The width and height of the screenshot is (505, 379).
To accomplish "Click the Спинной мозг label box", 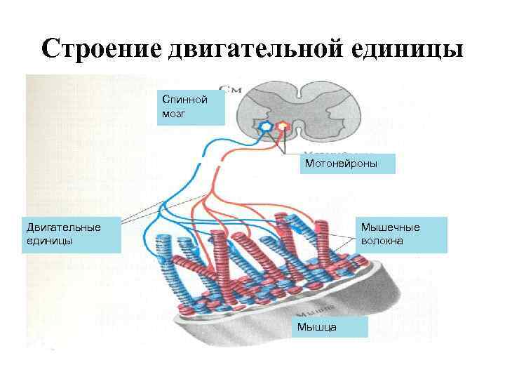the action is (191, 107).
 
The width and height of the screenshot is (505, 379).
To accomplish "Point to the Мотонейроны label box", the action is (348, 164).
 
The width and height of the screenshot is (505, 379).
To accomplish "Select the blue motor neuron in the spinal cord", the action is (266, 127).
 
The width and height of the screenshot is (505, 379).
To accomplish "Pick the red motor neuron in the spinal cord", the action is (282, 127).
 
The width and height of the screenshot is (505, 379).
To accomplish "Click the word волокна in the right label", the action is (382, 241).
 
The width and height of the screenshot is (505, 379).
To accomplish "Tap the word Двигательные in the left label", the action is (64, 227).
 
